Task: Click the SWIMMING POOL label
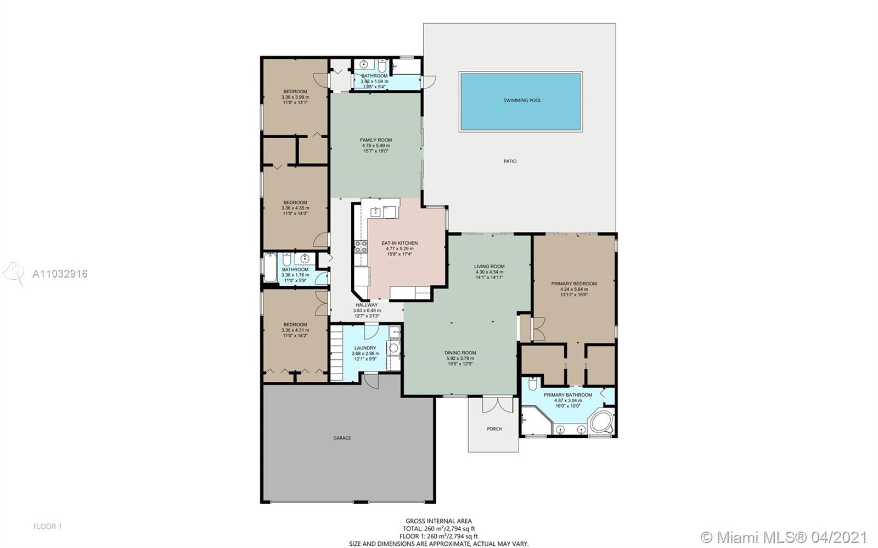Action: (x=522, y=100)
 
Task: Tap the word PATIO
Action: (x=510, y=161)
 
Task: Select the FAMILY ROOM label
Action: (x=375, y=140)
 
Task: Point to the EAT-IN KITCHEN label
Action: (x=399, y=243)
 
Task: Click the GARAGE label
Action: (x=342, y=438)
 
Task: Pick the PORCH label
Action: (x=494, y=429)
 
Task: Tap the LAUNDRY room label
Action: (x=365, y=348)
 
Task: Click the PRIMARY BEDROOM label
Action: (x=574, y=284)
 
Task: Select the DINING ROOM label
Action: (x=460, y=353)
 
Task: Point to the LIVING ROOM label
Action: (x=489, y=267)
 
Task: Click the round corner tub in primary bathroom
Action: (x=601, y=422)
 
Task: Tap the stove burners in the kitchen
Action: (x=361, y=247)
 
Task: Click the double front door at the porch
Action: (x=497, y=405)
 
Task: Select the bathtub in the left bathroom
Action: (x=269, y=268)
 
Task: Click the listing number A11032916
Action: (x=60, y=274)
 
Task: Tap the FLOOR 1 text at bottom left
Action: (x=47, y=527)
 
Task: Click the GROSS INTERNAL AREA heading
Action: (x=438, y=521)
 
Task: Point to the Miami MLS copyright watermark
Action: (x=783, y=536)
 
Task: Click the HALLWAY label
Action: (x=367, y=305)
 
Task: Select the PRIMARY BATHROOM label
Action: (x=567, y=395)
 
